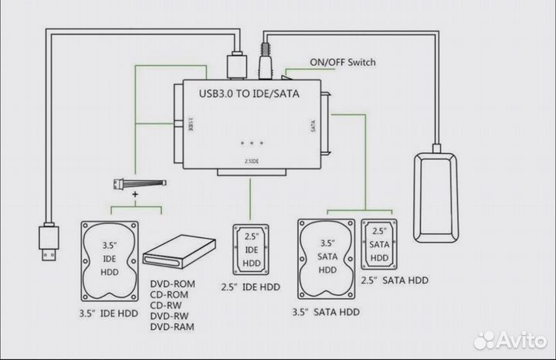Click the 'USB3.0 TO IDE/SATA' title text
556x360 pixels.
tap(248, 94)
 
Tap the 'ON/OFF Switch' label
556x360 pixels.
tap(342, 62)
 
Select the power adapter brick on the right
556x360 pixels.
tap(438, 197)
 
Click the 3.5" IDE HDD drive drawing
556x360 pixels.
tap(110, 263)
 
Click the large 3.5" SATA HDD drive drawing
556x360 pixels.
tap(327, 260)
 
